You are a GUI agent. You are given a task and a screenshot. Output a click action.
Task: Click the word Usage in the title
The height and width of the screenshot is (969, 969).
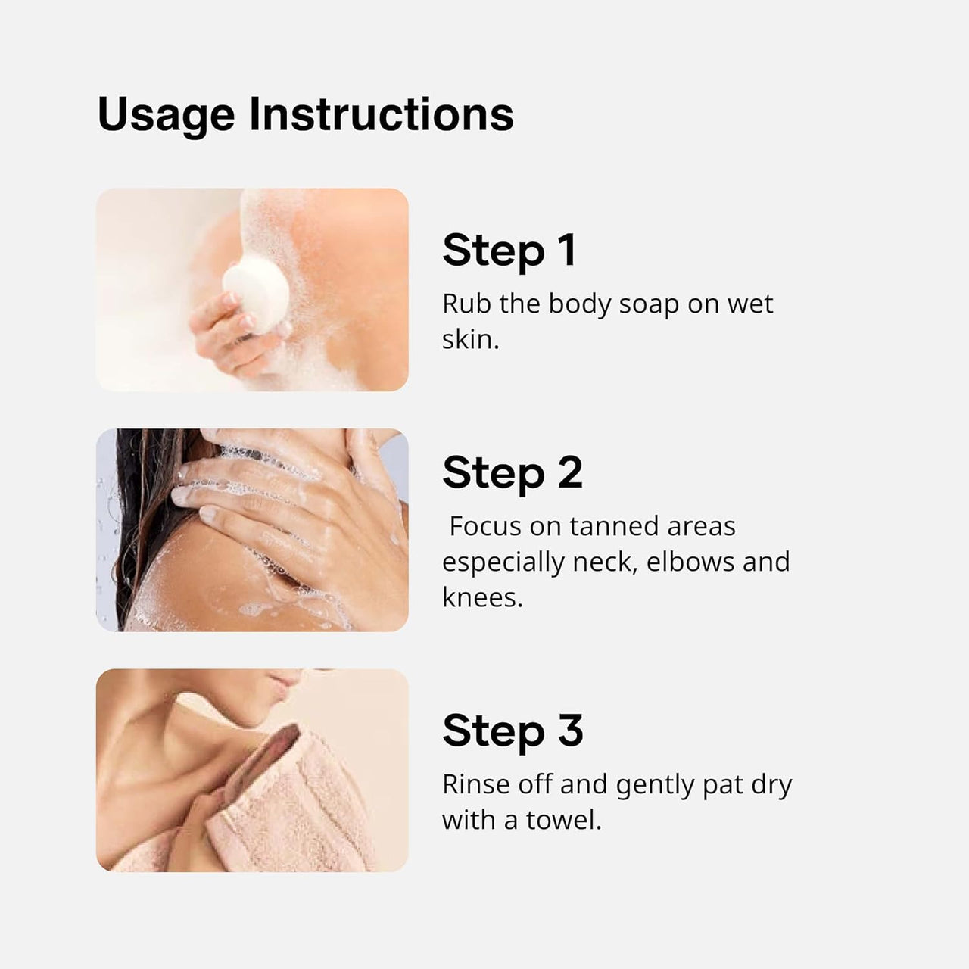point(166,116)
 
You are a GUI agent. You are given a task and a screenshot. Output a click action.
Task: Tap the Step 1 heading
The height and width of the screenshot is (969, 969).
point(509,251)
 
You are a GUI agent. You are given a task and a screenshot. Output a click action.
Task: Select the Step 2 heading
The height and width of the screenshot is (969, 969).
point(513,473)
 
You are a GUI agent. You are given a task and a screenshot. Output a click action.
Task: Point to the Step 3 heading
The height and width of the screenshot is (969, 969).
point(513,731)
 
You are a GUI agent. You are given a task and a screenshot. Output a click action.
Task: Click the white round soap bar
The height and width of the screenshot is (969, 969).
point(255,291)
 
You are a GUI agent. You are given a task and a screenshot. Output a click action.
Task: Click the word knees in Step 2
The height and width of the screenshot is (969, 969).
point(481,597)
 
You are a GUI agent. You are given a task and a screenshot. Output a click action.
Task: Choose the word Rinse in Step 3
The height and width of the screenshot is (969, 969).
point(475,785)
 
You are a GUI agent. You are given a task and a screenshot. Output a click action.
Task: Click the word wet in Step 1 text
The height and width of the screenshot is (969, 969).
point(750,304)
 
